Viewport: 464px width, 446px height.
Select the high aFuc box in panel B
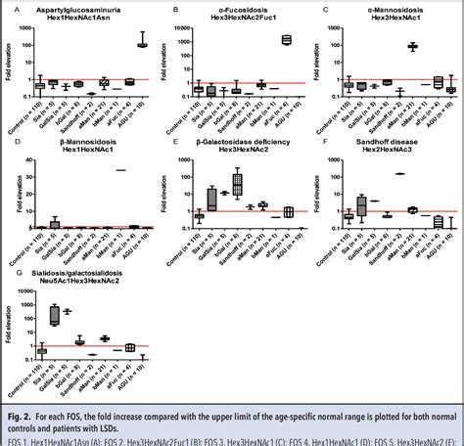286,39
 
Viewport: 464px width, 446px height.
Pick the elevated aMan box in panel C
412,46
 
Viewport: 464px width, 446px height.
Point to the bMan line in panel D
120,169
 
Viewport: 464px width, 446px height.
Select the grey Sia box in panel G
55,314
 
